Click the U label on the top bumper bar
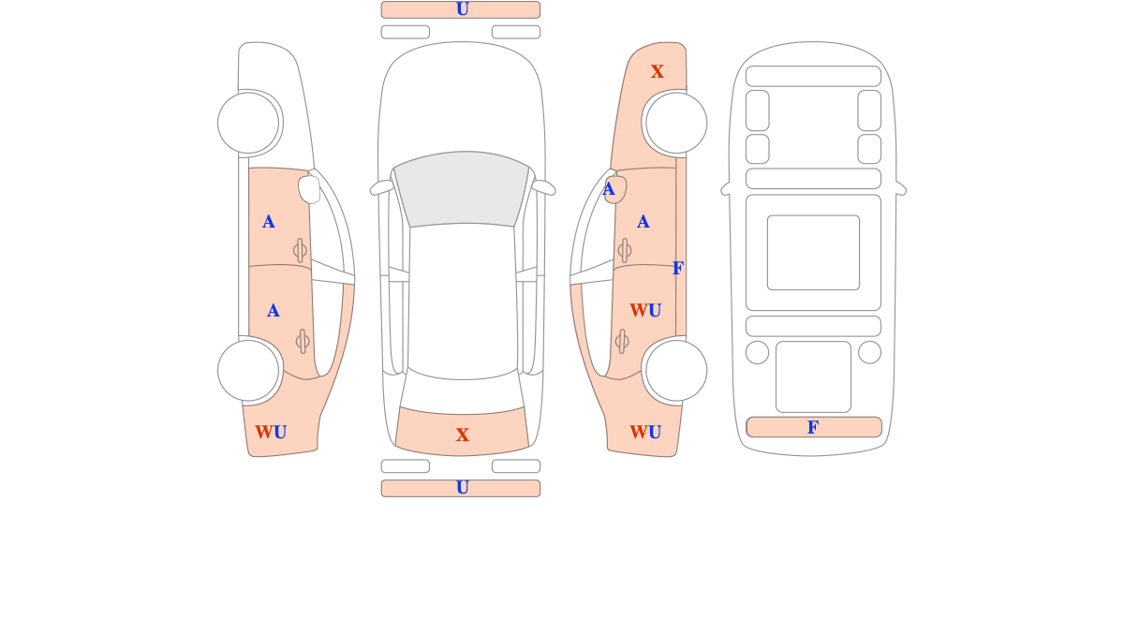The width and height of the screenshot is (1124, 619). point(462,9)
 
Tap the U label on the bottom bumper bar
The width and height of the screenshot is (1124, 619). point(462,488)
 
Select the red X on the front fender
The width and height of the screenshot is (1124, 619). point(657,71)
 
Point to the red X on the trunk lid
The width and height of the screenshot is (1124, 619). point(462,435)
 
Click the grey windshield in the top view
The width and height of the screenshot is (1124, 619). point(462,188)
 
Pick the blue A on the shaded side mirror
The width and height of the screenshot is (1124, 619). point(608,189)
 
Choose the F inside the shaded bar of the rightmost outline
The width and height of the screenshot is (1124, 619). point(813,427)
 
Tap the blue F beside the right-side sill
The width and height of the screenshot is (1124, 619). point(678,268)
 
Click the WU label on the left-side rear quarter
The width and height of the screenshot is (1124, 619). point(271,432)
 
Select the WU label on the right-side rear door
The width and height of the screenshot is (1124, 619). point(645,310)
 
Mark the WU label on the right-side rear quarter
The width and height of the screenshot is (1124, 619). point(645,432)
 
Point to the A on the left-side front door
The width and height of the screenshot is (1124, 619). point(269,222)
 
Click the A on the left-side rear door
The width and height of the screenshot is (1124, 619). point(273,311)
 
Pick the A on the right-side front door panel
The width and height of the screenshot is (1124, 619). point(643,222)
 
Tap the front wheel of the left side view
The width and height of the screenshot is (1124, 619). point(248,123)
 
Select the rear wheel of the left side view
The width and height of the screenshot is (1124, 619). point(248,371)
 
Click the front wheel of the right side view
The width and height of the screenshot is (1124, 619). point(676,123)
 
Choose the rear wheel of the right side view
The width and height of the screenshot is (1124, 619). point(676,371)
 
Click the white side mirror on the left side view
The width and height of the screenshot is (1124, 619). point(309,189)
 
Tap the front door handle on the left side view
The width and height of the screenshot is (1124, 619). point(300,250)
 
